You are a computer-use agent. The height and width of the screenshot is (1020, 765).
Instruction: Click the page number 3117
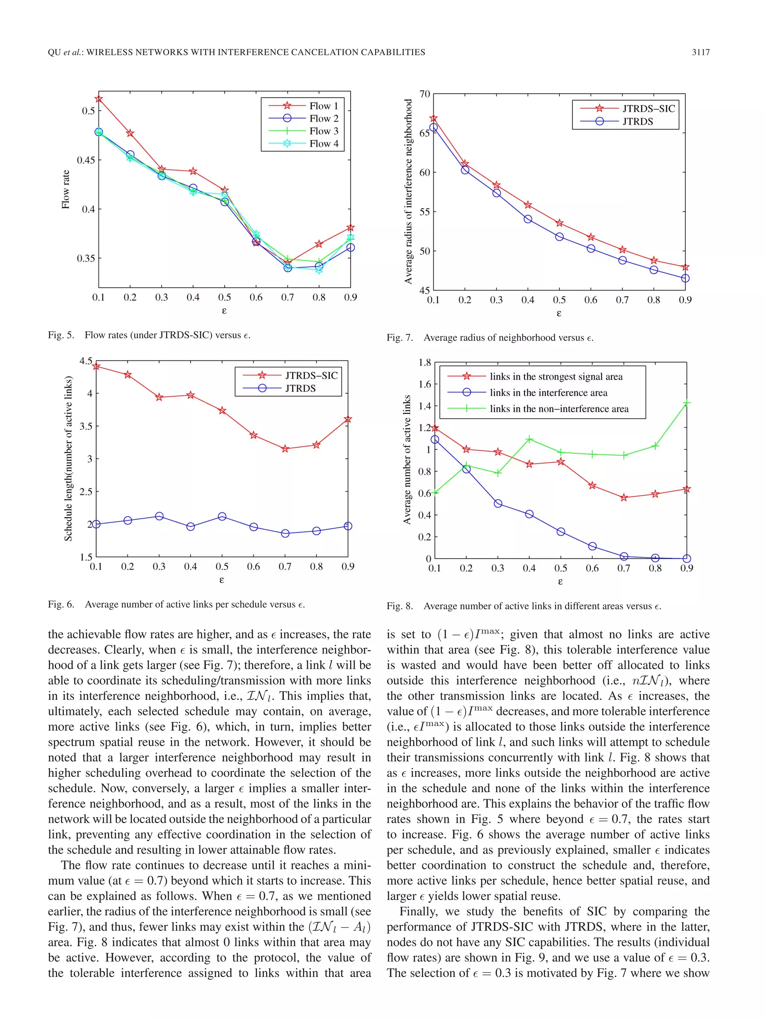pos(700,53)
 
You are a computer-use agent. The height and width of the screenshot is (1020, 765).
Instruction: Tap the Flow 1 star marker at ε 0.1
pos(99,99)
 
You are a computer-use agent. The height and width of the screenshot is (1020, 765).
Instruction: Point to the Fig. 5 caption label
pos(61,335)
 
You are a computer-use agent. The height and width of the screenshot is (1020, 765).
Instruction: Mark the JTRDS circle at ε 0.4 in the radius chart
pos(528,219)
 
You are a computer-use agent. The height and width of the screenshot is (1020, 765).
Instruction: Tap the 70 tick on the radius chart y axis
pos(424,94)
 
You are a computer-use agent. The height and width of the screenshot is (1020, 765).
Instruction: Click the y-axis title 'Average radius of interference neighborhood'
pos(408,191)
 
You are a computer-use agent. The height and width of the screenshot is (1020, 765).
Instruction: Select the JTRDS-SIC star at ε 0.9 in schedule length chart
pos(348,419)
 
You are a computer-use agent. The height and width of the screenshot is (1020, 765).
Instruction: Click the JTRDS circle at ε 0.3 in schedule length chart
pos(159,516)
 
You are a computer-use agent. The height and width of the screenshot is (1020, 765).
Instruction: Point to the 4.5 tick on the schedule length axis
pos(86,361)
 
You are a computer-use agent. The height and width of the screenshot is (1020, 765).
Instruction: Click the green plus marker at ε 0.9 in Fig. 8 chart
pos(687,403)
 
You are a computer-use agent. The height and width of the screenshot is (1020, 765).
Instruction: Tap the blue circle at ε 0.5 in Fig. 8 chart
pos(561,532)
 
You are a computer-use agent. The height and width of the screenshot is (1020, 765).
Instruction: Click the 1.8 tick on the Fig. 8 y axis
pos(424,362)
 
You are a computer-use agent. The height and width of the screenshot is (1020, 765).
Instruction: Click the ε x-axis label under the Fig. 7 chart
pos(559,314)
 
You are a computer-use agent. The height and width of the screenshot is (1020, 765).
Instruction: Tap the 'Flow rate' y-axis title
pos(66,189)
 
